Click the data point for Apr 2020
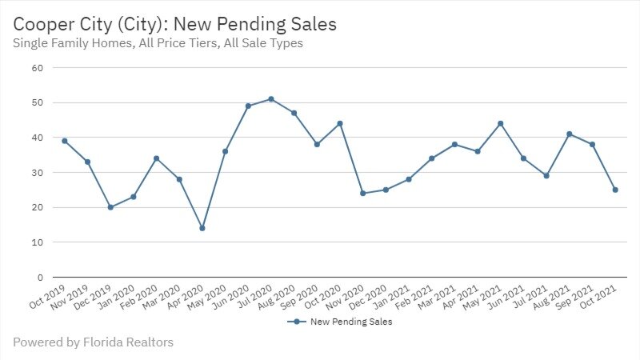(x=202, y=228)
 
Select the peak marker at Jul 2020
(x=271, y=99)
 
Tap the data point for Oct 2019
(x=64, y=141)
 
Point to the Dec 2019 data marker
(x=110, y=207)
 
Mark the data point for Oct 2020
(x=340, y=123)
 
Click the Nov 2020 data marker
(x=363, y=194)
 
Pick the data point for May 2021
(x=501, y=123)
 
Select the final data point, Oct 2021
(x=615, y=190)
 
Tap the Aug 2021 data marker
(x=570, y=134)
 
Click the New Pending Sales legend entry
(x=343, y=322)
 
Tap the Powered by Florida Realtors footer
(x=93, y=342)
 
